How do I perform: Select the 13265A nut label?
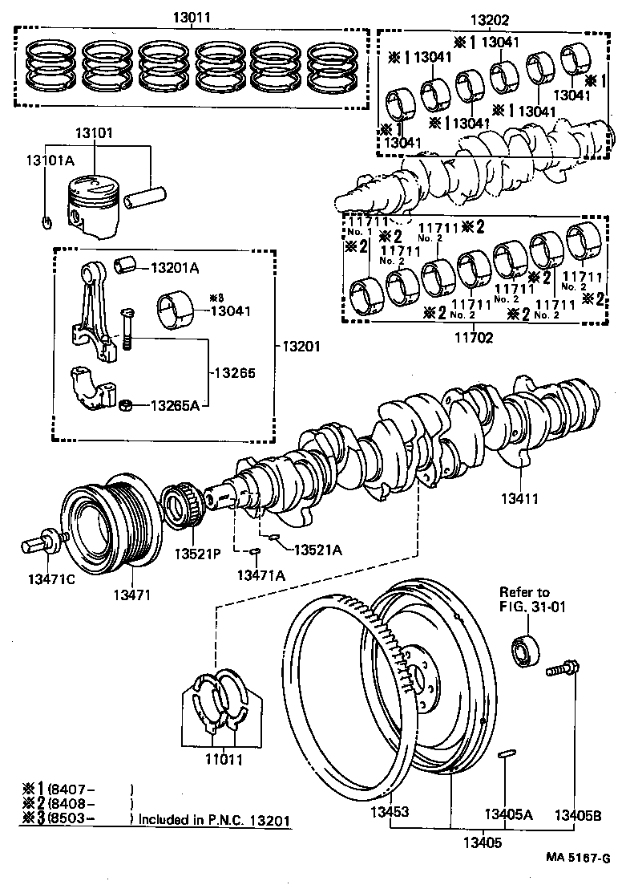pos(175,406)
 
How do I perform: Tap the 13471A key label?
pos(258,574)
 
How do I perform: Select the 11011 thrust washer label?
pos(222,757)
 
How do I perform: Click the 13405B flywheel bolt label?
pos(579,814)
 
